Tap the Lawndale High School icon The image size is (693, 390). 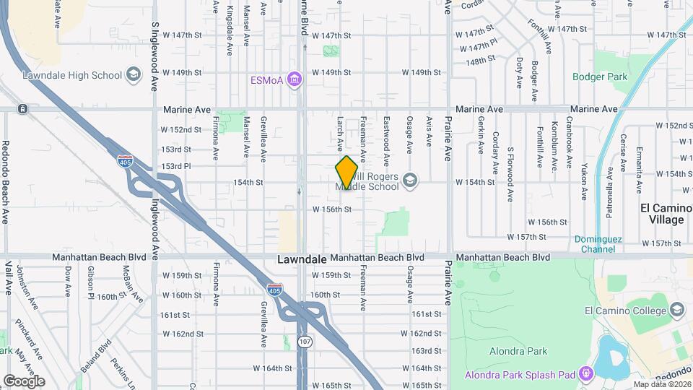tap(133, 74)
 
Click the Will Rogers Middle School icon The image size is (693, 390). tap(410, 180)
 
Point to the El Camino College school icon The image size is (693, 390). tap(677, 311)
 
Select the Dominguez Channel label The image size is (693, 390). tap(595, 244)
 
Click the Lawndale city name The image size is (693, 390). tap(302, 259)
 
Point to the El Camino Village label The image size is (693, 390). tap(662, 214)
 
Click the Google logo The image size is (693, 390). tap(24, 381)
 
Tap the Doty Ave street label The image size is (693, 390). tap(519, 72)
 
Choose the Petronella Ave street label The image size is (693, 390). tap(610, 183)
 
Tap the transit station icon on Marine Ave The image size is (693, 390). tap(23, 109)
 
